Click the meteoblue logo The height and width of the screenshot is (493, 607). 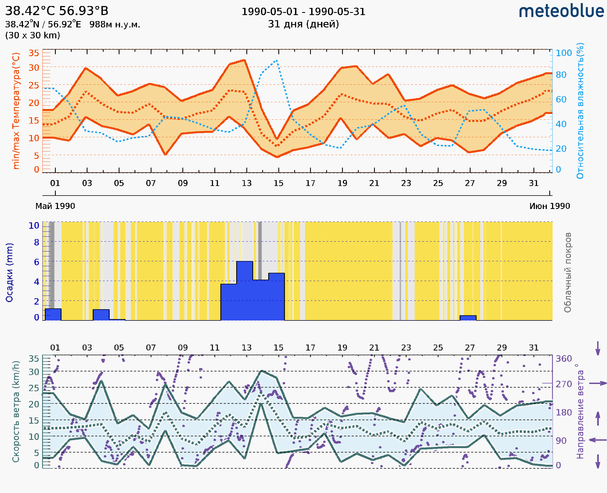(561, 11)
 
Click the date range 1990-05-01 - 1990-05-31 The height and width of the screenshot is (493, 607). (303, 12)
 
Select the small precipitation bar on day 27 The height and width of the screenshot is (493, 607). (468, 318)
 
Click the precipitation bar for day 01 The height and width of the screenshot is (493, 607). (53, 314)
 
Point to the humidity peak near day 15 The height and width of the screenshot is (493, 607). (276, 61)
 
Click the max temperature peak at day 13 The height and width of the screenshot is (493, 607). (244, 60)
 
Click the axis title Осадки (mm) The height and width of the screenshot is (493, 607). (9, 273)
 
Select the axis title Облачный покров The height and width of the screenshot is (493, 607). (568, 273)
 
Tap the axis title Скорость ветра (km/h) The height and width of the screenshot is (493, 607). (16, 411)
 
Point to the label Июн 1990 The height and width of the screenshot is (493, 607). (550, 206)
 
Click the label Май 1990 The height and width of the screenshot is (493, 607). (55, 206)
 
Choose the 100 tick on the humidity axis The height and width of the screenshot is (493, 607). (563, 53)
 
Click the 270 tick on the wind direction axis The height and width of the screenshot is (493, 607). (563, 384)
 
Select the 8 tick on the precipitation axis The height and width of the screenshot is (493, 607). (37, 242)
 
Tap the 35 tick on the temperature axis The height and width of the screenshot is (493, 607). (34, 53)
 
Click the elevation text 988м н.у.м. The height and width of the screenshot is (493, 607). (115, 25)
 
